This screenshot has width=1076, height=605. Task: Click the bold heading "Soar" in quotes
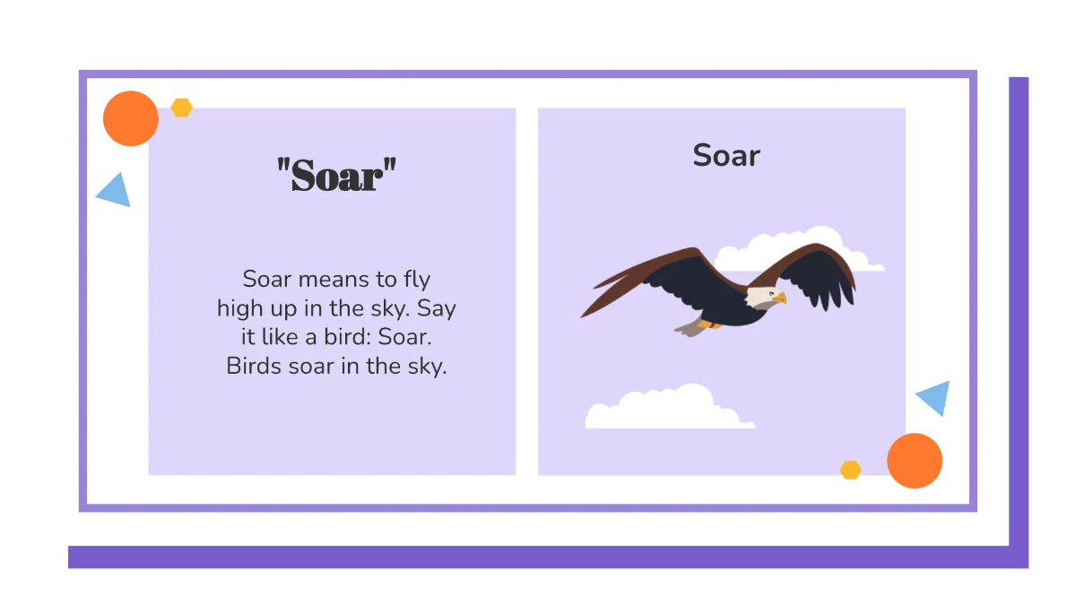point(336,175)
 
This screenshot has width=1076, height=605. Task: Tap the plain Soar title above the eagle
point(726,156)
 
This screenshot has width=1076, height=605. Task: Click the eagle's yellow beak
point(779,297)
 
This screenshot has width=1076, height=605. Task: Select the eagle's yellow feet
point(709,324)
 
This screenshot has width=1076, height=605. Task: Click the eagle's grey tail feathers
point(689,328)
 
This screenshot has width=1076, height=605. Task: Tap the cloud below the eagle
point(664,409)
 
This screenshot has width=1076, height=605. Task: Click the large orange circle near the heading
point(131,118)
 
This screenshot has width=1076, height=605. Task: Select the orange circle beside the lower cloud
point(915,461)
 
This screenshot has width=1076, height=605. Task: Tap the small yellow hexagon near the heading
point(182,108)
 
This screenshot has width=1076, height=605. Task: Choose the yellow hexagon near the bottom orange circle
point(850,470)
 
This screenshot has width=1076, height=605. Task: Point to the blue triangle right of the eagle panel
point(935,397)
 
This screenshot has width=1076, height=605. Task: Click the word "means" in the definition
point(333,279)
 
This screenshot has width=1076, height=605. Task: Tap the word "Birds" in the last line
point(253,367)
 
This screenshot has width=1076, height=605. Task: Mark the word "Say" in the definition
point(437,309)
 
